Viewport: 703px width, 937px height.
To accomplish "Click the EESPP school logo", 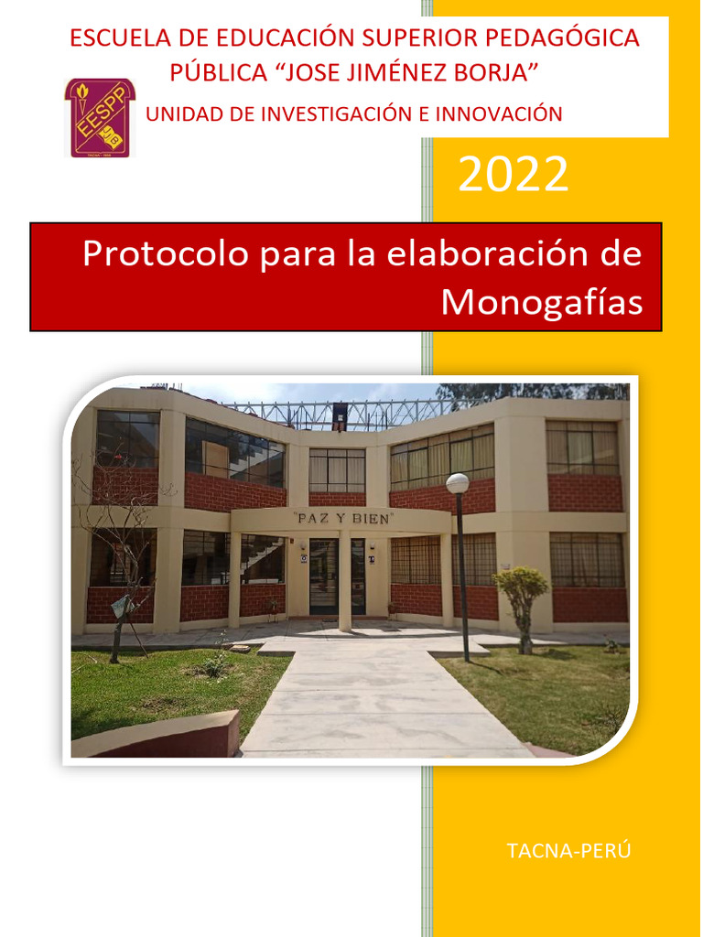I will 99,117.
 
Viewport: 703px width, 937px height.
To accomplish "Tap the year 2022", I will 513,175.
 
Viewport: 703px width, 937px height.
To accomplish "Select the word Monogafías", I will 542,302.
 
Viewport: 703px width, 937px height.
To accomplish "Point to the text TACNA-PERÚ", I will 568,851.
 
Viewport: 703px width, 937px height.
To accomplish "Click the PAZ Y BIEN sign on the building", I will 341,518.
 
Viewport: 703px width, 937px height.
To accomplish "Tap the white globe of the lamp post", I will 458,483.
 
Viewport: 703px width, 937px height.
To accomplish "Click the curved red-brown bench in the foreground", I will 156,735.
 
